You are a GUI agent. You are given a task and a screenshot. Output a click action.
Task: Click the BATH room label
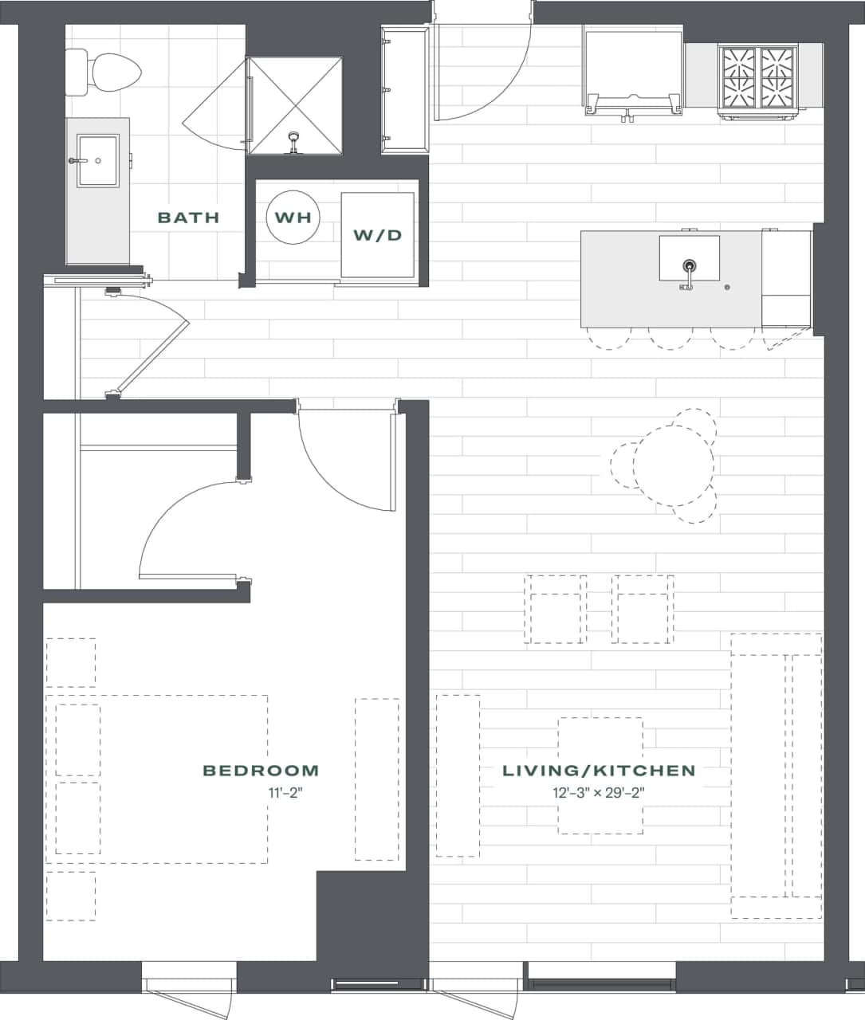[188, 217]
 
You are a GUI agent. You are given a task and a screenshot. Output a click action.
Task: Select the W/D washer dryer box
[378, 235]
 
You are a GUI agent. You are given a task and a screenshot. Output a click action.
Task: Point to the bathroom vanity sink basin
[97, 160]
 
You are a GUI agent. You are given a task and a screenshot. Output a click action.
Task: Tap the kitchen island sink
[689, 259]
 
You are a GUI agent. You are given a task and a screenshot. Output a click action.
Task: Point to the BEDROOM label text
[261, 771]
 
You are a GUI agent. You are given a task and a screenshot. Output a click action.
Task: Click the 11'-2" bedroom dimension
[286, 793]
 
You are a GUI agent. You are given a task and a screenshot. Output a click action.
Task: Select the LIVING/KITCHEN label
[599, 771]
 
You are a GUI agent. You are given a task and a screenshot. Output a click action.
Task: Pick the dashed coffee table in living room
[600, 775]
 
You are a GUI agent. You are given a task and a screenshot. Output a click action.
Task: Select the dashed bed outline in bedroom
[157, 779]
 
